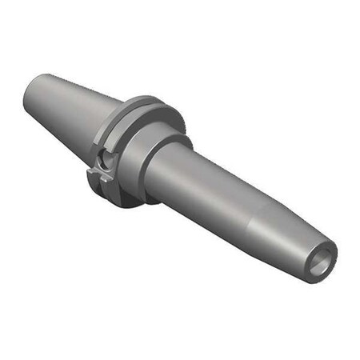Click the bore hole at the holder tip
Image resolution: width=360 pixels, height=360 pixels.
point(322,262)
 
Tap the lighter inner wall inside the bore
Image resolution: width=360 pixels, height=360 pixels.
point(325,258)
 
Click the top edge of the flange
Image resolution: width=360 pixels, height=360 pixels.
point(152,98)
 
